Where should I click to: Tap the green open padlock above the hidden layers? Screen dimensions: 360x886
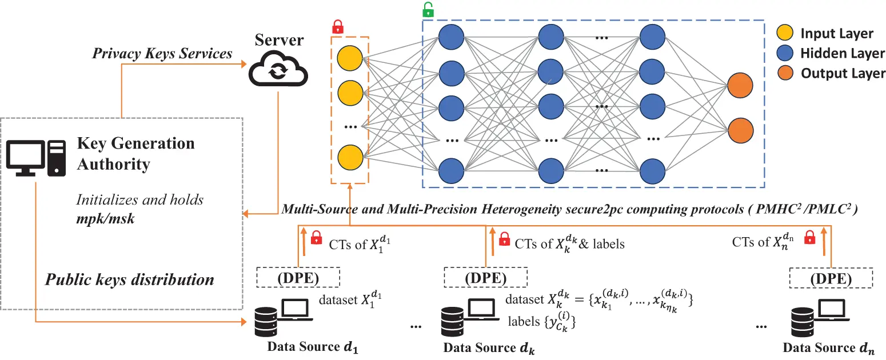[x=428, y=10]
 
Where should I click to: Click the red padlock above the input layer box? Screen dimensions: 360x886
[x=338, y=26]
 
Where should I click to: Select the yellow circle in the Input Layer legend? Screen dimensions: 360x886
[x=786, y=33]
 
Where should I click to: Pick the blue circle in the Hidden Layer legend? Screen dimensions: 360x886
[x=786, y=53]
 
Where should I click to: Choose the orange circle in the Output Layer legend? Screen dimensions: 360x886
[x=786, y=73]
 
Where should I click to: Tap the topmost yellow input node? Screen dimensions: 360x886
[x=350, y=58]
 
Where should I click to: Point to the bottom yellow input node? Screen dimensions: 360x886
[x=350, y=157]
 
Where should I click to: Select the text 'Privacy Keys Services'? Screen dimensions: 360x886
[x=162, y=53]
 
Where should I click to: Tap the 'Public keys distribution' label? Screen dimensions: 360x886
[x=130, y=279]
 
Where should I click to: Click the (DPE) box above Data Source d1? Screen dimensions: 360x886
[x=298, y=278]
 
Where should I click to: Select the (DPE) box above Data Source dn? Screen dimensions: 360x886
[x=831, y=279]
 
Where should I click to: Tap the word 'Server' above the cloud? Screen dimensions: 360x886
[x=280, y=40]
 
